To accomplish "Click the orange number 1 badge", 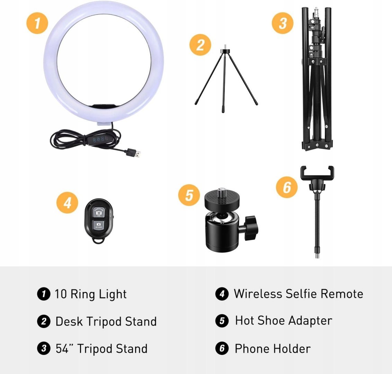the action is [x=37, y=23].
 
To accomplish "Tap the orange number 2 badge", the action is [x=200, y=45].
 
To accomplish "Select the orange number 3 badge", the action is [x=283, y=23].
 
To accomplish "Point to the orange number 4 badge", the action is [x=67, y=203].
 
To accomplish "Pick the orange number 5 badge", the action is [x=189, y=195].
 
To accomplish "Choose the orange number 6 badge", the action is [x=287, y=187].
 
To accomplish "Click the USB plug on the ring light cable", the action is [x=134, y=153].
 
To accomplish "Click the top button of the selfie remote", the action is [x=99, y=212].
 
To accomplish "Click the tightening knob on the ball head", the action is [x=250, y=228].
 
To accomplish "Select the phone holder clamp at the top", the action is [x=317, y=173].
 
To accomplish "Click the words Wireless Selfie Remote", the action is [x=299, y=294].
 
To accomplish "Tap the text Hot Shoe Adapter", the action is [x=284, y=321].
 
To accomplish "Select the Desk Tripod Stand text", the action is [x=106, y=321].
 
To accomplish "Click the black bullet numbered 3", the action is [x=44, y=348].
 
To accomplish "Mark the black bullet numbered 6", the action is [x=222, y=348].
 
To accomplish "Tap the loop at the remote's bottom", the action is [x=98, y=240].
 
